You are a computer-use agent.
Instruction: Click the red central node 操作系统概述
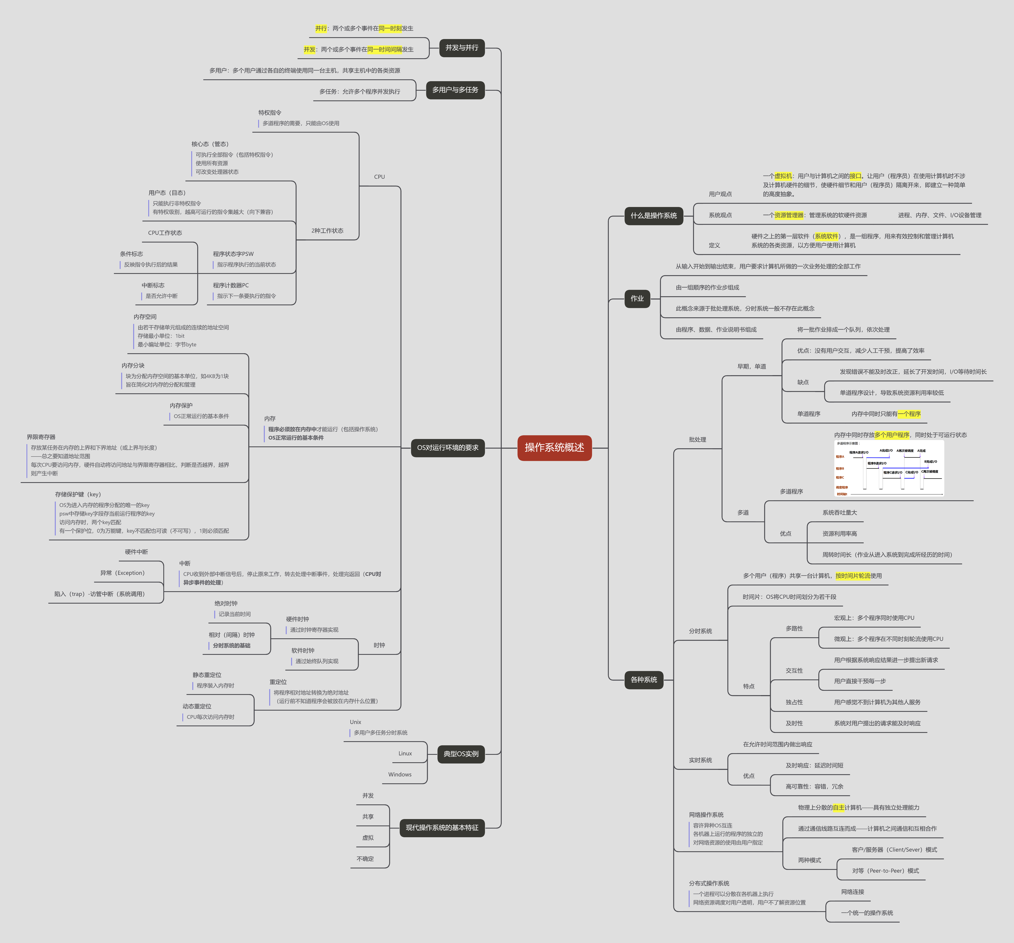tap(554, 448)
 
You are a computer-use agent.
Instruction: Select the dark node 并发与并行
tap(462, 48)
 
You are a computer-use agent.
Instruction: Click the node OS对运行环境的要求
tap(447, 448)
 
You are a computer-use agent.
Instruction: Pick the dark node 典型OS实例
tap(461, 754)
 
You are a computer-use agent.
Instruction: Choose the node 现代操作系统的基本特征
tap(442, 828)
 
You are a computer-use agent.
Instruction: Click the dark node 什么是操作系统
tap(653, 216)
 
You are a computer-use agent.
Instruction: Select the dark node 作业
tap(637, 299)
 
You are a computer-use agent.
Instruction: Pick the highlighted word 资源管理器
tap(788, 215)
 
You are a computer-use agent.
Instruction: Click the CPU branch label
tap(380, 177)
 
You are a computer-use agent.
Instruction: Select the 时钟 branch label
tap(379, 645)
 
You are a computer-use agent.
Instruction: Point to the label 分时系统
tap(700, 631)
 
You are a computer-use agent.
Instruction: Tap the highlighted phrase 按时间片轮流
tap(853, 576)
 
